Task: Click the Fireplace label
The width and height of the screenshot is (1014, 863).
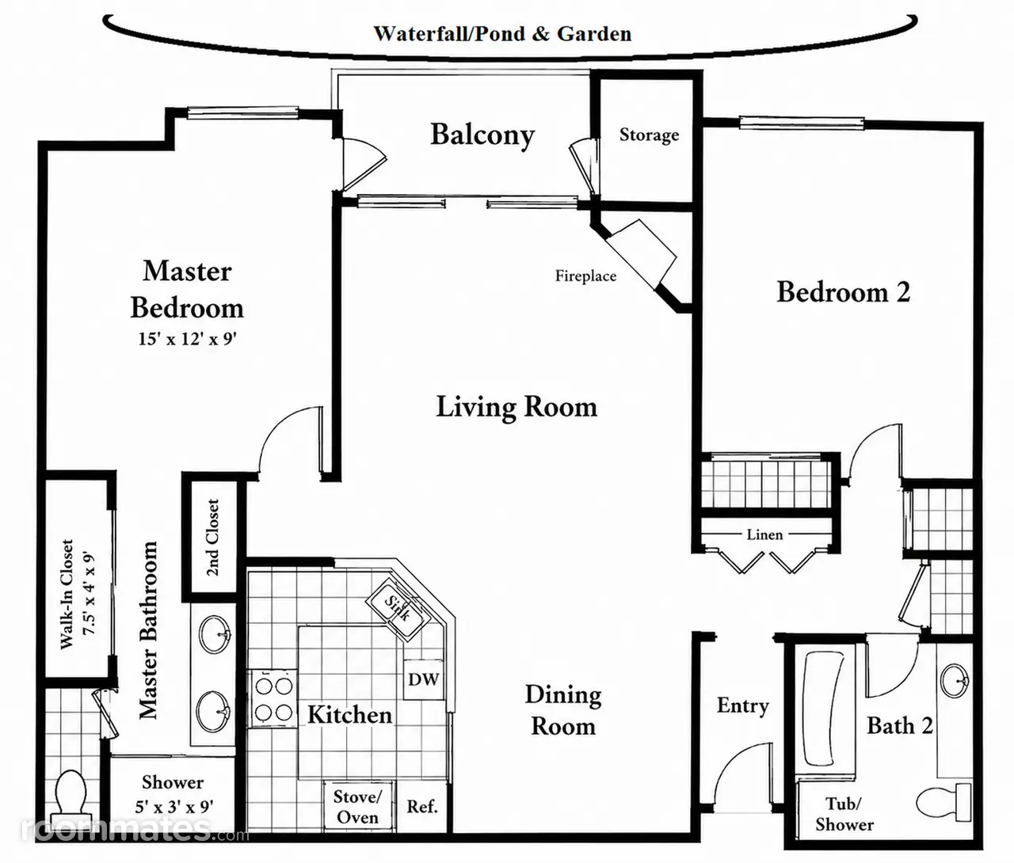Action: pyautogui.click(x=585, y=276)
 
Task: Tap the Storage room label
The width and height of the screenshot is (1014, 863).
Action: pyautogui.click(x=649, y=135)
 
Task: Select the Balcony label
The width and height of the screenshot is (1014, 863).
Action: pyautogui.click(x=482, y=135)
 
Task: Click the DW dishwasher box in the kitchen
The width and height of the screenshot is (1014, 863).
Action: pyautogui.click(x=423, y=679)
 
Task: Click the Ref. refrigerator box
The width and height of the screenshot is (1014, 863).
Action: pyautogui.click(x=422, y=806)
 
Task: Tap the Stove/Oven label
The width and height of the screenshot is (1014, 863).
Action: pyautogui.click(x=357, y=807)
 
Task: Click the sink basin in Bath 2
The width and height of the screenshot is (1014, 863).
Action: pyautogui.click(x=955, y=681)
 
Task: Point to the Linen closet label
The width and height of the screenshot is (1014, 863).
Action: pyautogui.click(x=764, y=534)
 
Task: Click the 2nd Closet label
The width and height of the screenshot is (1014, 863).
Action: pyautogui.click(x=212, y=538)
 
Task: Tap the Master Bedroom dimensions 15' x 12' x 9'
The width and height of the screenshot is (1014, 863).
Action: pyautogui.click(x=188, y=339)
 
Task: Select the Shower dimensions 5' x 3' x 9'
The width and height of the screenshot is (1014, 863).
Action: pyautogui.click(x=173, y=807)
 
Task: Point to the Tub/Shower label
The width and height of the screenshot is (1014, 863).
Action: pyautogui.click(x=844, y=814)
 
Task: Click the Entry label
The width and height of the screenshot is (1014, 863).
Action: pyautogui.click(x=743, y=706)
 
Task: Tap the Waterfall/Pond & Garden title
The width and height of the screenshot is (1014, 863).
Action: pyautogui.click(x=502, y=34)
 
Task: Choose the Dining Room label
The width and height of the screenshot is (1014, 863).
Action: pyautogui.click(x=563, y=710)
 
